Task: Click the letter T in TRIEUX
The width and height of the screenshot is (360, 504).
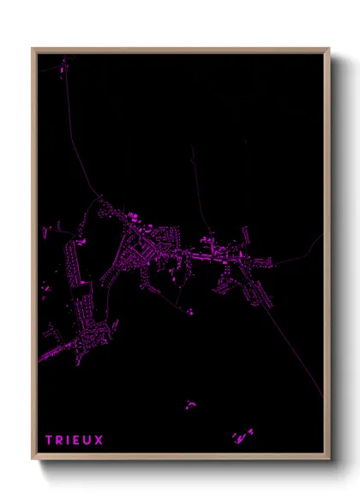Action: [x=49, y=441]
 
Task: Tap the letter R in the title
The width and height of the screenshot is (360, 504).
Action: [x=60, y=441]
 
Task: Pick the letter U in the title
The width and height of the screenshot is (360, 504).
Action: [x=88, y=441]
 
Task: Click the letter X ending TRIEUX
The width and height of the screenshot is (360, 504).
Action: [x=99, y=441]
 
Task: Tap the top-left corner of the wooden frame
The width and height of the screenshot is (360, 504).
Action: [x=33, y=49]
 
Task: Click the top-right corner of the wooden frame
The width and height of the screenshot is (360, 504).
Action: [x=329, y=49]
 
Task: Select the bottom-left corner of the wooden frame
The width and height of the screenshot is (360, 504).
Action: [x=33, y=459]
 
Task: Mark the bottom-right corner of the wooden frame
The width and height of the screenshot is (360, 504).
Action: [x=329, y=459]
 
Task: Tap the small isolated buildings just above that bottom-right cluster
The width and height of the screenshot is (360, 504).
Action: [x=189, y=404]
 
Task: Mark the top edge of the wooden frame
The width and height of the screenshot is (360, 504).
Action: [x=180, y=49]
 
